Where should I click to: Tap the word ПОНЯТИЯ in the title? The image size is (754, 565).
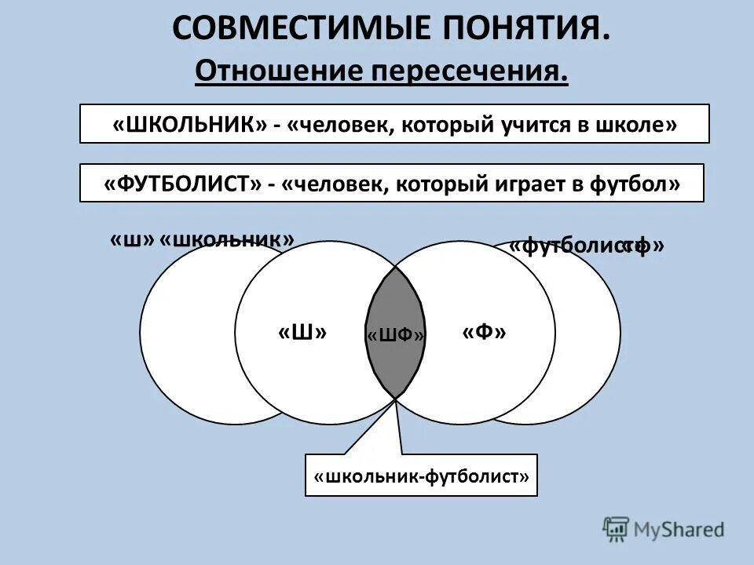pos(537,29)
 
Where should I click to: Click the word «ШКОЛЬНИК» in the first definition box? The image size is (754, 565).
pos(190,124)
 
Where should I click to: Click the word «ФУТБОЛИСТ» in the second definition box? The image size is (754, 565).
pos(181,184)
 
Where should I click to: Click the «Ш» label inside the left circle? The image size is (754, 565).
pos(302,333)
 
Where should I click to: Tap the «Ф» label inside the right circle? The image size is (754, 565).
pos(484,333)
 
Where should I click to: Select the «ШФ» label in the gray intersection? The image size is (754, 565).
pos(396,336)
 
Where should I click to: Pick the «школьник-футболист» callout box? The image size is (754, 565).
pos(421,476)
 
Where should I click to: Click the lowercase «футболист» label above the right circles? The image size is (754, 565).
pos(569,246)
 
